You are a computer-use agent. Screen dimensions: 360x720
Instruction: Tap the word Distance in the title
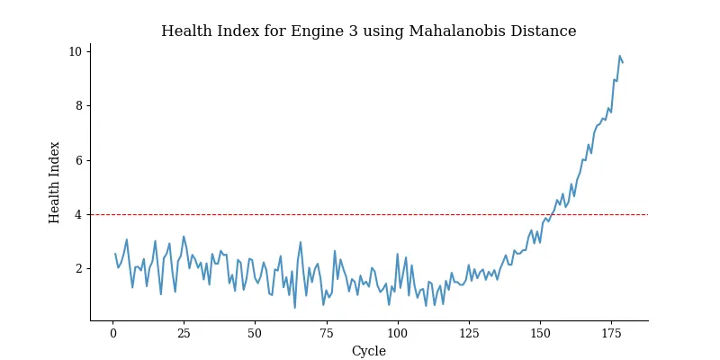point(543,31)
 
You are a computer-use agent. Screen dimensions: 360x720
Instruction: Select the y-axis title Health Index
point(55,182)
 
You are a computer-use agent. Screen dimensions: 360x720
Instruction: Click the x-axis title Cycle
point(368,351)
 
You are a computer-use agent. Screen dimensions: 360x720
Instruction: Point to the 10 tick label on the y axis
point(76,51)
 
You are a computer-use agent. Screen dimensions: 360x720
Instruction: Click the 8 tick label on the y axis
point(78,105)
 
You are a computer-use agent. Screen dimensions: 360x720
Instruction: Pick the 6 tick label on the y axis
point(78,160)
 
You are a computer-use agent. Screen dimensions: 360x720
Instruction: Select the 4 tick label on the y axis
point(78,214)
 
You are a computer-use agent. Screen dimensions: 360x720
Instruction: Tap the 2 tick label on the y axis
point(78,268)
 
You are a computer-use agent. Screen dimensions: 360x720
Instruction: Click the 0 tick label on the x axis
point(112,333)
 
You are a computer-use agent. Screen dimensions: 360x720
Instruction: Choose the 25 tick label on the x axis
point(184,333)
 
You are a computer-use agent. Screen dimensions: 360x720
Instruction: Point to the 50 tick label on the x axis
point(255,333)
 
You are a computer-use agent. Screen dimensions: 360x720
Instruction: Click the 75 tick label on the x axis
point(326,333)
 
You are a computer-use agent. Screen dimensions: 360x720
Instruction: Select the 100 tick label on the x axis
point(397,333)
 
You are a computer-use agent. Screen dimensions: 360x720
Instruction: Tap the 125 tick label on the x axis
point(468,333)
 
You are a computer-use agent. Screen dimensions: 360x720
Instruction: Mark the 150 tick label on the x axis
point(539,333)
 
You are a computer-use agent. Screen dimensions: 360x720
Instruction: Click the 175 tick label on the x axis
point(610,333)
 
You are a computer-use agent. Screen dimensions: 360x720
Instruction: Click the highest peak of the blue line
point(619,56)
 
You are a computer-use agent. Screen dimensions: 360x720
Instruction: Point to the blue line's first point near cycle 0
point(115,254)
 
